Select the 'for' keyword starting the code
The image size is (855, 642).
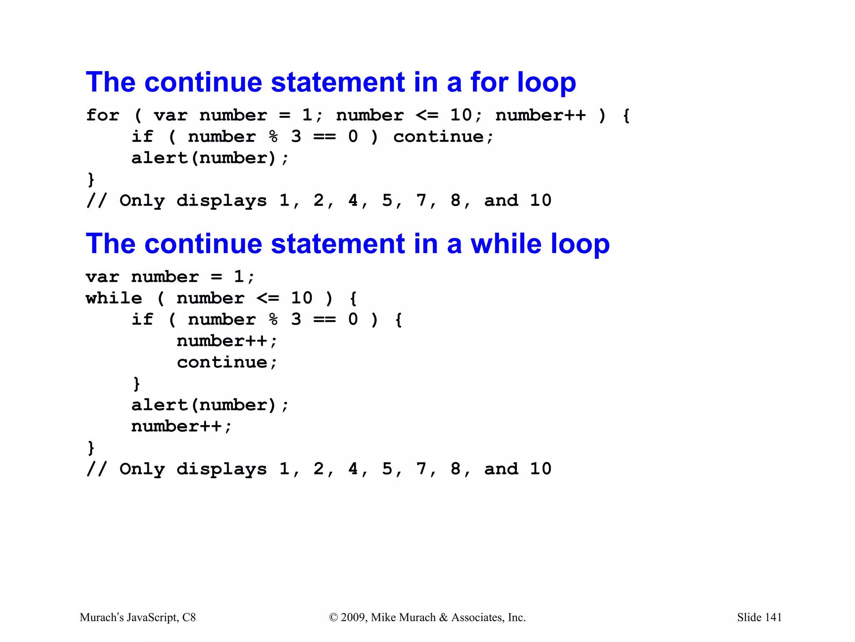pyautogui.click(x=103, y=115)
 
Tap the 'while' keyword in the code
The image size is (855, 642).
pyautogui.click(x=114, y=298)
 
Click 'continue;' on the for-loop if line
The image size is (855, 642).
pyautogui.click(x=443, y=137)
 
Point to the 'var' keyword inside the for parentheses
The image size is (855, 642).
pyautogui.click(x=170, y=115)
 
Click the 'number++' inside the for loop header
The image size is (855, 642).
pyautogui.click(x=541, y=115)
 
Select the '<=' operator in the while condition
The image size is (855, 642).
pyautogui.click(x=268, y=298)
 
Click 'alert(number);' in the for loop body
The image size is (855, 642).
pyautogui.click(x=210, y=158)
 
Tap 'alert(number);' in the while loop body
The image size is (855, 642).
pyautogui.click(x=210, y=405)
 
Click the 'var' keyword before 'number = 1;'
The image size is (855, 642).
pyautogui.click(x=102, y=277)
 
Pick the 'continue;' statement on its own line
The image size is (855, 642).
pyautogui.click(x=227, y=362)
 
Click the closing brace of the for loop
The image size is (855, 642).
pyautogui.click(x=91, y=180)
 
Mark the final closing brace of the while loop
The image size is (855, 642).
pyautogui.click(x=91, y=448)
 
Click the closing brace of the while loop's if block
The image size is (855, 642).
pyautogui.click(x=137, y=384)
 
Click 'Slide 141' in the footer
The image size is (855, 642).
pyautogui.click(x=759, y=617)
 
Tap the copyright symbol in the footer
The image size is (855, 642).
pyautogui.click(x=333, y=617)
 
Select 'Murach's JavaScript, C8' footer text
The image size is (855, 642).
pyautogui.click(x=138, y=617)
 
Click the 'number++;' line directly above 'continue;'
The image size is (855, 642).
pyautogui.click(x=227, y=341)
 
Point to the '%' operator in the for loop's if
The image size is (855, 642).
pyautogui.click(x=273, y=137)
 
